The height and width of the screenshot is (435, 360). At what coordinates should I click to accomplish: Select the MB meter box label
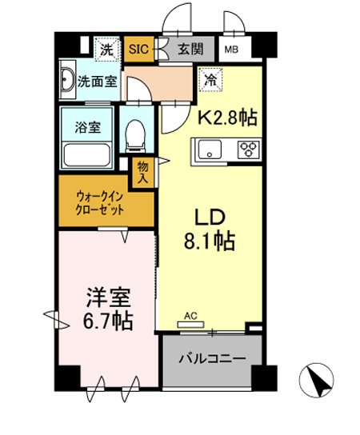230,50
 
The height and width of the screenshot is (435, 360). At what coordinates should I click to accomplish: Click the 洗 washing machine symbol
106,50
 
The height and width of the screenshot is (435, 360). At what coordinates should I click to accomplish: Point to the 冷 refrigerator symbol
210,79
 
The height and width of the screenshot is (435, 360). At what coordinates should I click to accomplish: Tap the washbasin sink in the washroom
67,82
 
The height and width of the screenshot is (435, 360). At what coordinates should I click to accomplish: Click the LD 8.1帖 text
206,229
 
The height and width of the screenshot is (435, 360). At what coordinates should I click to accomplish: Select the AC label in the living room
190,316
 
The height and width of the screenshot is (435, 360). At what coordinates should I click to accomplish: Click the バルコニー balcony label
211,360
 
